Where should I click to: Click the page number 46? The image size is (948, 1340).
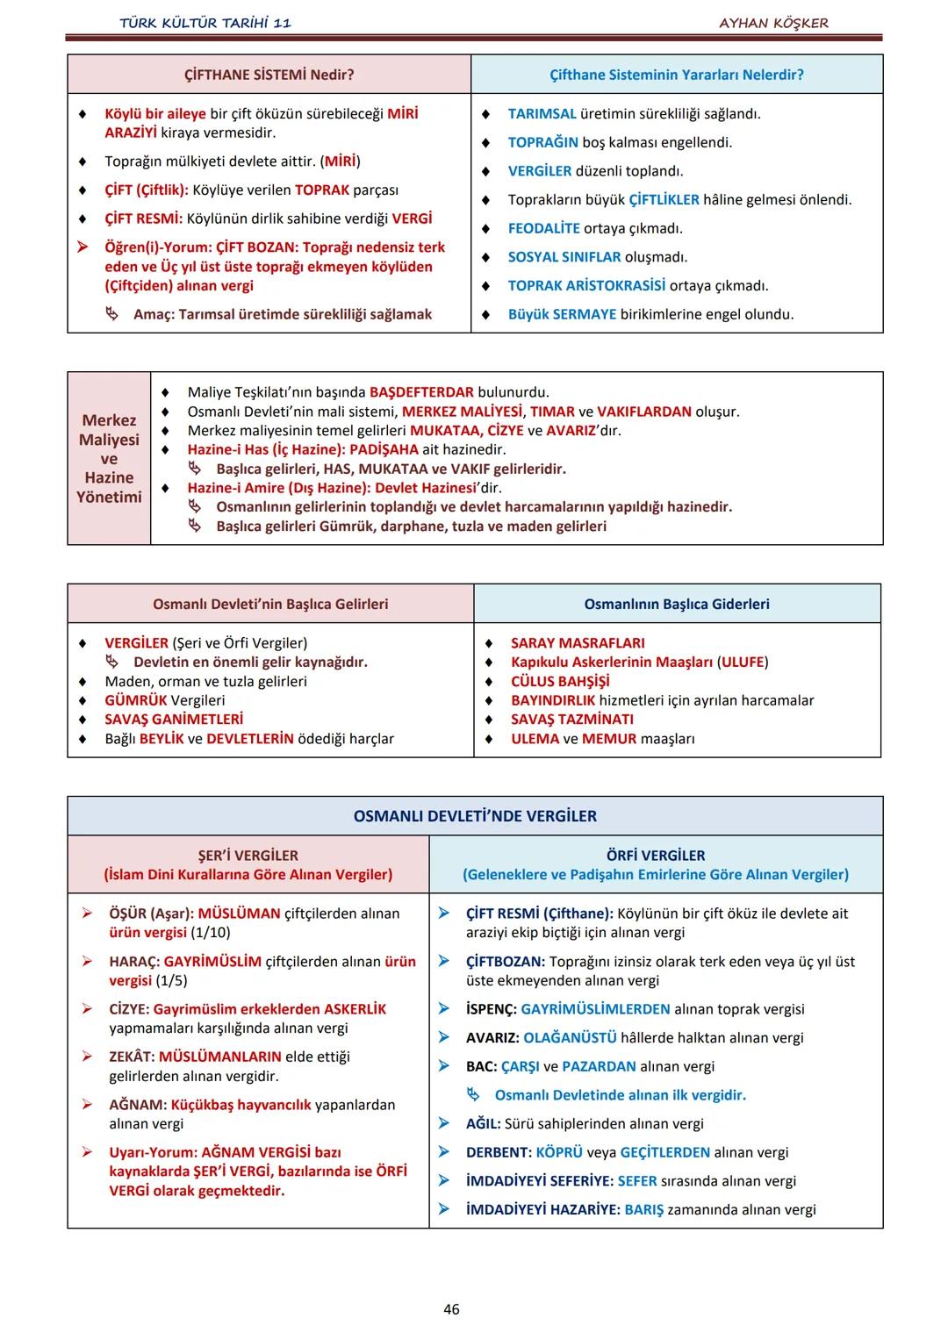click(x=451, y=1309)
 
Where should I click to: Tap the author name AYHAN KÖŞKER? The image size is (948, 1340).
click(x=773, y=23)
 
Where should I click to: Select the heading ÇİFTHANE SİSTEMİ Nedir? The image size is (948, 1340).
click(x=269, y=75)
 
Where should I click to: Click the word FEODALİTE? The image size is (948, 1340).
click(x=543, y=228)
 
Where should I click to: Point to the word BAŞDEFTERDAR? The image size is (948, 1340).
click(x=421, y=392)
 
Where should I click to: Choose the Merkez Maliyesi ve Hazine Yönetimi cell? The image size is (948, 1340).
click(x=109, y=458)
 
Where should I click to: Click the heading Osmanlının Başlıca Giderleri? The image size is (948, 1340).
click(x=677, y=604)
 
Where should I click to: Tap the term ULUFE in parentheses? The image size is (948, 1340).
click(x=743, y=662)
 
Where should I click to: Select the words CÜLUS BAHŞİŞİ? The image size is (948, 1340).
click(x=560, y=681)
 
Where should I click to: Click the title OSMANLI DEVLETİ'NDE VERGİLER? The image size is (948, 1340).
click(x=475, y=816)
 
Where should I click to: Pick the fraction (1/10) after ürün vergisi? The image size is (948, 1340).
click(x=211, y=932)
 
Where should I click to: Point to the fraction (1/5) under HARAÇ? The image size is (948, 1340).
click(x=171, y=980)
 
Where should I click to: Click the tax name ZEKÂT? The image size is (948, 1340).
click(x=131, y=1057)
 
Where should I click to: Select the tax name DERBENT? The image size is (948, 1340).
click(x=498, y=1152)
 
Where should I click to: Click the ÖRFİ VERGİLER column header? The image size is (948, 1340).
click(x=656, y=856)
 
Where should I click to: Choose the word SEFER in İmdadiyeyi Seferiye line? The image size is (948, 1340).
click(x=637, y=1181)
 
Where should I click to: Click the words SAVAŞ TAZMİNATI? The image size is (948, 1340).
click(x=572, y=720)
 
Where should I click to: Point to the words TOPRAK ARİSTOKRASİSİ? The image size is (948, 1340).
click(x=586, y=285)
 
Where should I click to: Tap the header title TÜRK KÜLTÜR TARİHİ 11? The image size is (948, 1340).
click(x=205, y=23)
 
